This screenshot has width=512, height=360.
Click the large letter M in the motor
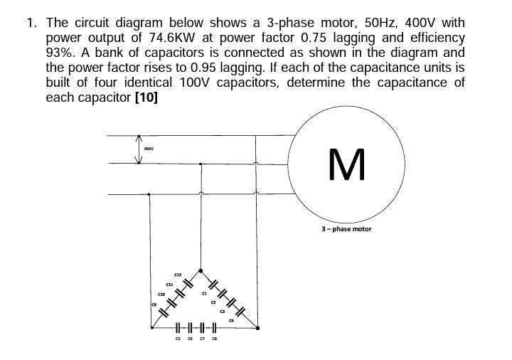[348, 164]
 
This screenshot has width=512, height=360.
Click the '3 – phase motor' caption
[346, 229]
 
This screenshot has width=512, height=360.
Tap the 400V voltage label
[149, 149]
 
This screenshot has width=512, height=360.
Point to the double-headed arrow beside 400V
[139, 149]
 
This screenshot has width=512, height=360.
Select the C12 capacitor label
[178, 275]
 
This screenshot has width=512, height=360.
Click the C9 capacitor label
[153, 305]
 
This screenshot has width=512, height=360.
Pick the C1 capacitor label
[204, 293]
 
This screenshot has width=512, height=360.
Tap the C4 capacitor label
[231, 321]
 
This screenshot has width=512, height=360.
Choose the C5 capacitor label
[178, 339]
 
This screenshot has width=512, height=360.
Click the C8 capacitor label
[214, 339]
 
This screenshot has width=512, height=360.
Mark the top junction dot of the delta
[201, 270]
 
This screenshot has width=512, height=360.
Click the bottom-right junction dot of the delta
[257, 328]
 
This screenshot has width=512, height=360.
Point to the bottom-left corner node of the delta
[151, 328]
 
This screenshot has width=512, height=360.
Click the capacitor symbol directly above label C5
[178, 328]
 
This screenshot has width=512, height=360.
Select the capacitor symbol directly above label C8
[213, 328]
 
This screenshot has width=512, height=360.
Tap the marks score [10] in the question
[146, 97]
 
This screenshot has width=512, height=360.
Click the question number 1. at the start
[32, 21]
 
